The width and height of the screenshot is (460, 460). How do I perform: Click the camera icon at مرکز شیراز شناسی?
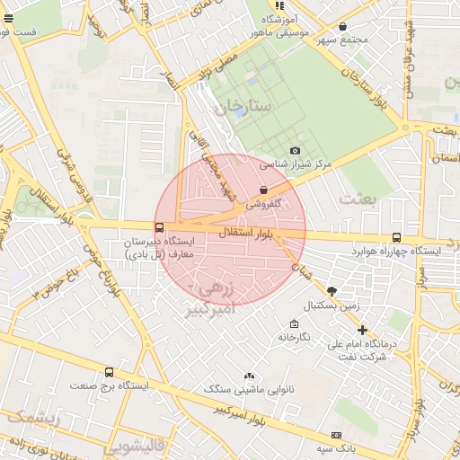296,150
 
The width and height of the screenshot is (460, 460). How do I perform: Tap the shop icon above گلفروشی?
262,190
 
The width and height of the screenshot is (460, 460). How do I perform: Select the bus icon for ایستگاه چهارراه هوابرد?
396,237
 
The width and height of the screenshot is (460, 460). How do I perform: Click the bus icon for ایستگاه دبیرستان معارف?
159,228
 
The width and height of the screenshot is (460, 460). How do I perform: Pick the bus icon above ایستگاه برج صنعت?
110,371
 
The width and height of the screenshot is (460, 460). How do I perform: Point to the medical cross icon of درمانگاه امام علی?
362,330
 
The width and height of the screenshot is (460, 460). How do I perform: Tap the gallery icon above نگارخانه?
293,323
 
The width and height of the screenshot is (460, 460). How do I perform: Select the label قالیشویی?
135,445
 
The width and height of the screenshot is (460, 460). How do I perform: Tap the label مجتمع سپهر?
349,41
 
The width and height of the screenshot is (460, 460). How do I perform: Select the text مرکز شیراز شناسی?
296,165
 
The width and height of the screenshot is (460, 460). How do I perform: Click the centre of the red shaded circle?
230,230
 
